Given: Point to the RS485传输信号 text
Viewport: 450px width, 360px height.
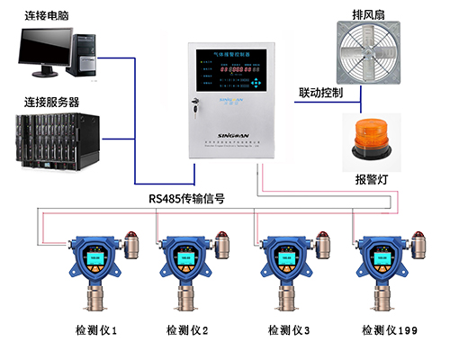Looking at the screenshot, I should pos(189,199).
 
